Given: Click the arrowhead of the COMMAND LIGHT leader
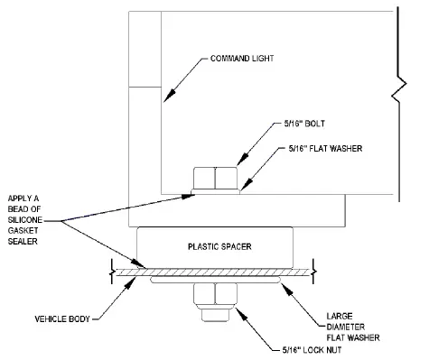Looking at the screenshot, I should (x=165, y=97).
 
